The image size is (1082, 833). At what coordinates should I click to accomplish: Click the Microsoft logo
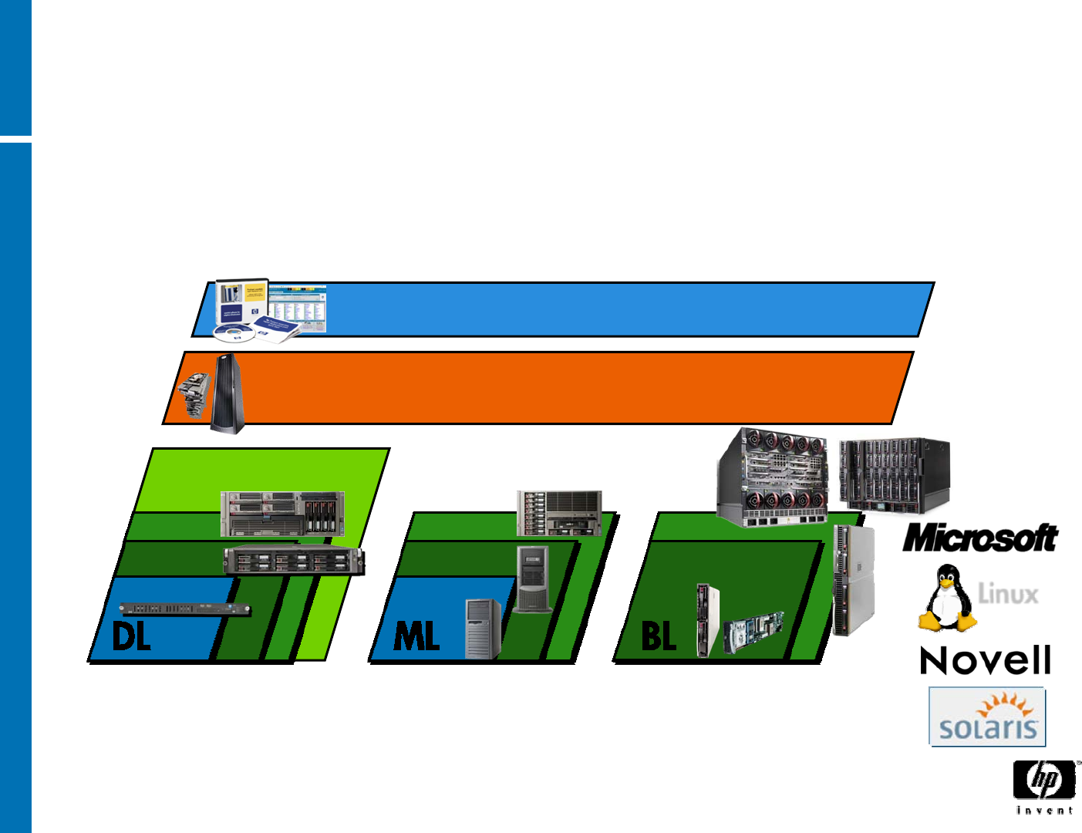980,538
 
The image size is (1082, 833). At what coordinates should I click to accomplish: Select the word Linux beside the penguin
1008,594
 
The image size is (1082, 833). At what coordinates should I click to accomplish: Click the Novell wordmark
986,661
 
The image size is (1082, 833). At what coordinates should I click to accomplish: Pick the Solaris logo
987,717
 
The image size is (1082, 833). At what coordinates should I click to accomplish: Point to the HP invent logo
1045,785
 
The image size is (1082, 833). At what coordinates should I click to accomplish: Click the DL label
131,637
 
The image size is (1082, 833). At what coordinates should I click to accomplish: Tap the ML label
416,637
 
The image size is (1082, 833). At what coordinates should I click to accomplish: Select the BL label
659,637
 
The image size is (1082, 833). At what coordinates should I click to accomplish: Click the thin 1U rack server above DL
185,609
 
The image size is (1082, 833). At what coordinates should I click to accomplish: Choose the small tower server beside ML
483,629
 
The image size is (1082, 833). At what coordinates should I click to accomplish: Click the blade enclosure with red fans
773,478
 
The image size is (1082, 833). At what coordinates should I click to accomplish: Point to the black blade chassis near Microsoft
895,474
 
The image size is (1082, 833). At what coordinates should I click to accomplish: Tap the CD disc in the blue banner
234,332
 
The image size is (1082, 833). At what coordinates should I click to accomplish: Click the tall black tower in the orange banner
228,393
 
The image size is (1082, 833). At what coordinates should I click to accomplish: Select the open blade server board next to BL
753,632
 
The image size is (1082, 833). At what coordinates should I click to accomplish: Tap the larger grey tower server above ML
533,578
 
